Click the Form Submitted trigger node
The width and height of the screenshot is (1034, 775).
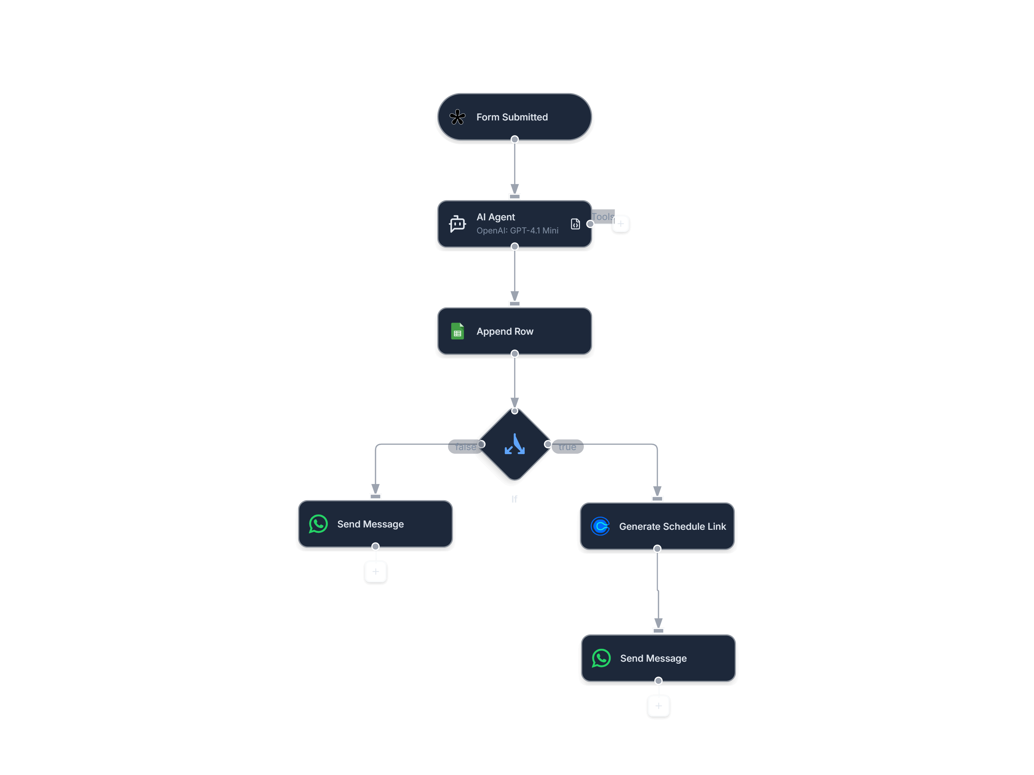click(x=514, y=117)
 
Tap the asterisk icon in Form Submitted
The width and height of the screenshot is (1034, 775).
click(x=457, y=117)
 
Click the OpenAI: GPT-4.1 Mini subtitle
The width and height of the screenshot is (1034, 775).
click(x=517, y=230)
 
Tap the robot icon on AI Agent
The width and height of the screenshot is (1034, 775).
click(x=457, y=224)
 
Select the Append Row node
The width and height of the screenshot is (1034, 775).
click(x=514, y=331)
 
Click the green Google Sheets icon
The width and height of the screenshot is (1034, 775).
click(x=457, y=331)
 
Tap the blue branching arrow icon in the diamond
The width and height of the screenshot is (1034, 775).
click(x=514, y=444)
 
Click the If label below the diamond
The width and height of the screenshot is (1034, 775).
click(x=514, y=499)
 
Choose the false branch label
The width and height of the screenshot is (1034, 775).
click(x=465, y=447)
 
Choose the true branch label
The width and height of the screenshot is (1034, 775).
click(x=567, y=447)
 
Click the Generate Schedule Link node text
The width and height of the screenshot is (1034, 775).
click(x=672, y=526)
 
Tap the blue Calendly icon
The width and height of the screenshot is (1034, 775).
click(x=600, y=526)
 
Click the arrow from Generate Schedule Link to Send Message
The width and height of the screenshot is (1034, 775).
click(x=658, y=591)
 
